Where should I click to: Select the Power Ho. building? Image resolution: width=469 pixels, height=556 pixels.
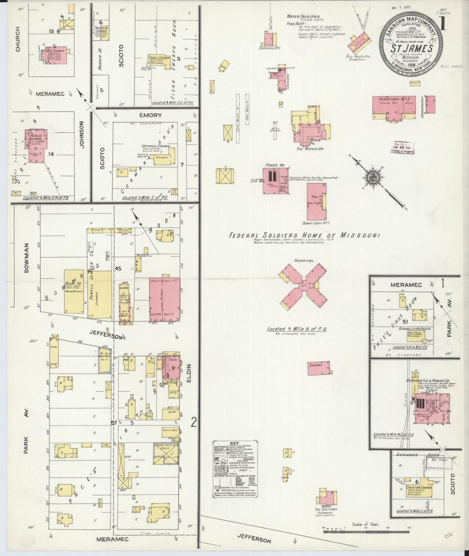[274, 181]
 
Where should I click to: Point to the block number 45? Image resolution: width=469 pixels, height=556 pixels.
[117, 268]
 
